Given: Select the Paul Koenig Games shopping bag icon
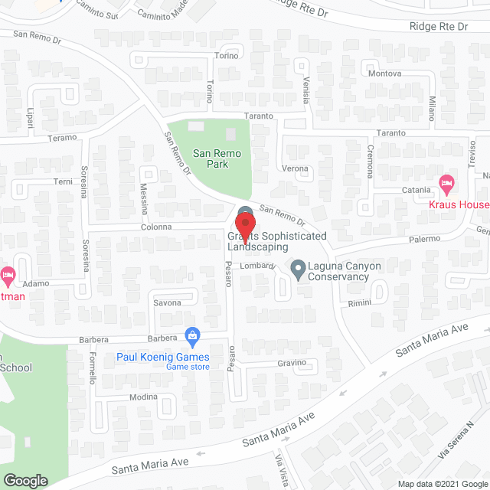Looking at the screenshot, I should point(192,335).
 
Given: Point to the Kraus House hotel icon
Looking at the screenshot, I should point(446,183).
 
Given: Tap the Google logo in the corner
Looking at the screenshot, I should point(25,480).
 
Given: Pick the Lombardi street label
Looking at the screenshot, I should point(258,265).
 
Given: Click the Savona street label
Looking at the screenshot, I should point(166,302).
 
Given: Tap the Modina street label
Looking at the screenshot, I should point(143,397).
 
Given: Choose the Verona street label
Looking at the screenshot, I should point(295,168).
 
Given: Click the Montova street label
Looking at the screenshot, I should point(385,73).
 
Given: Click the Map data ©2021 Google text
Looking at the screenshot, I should point(442,483).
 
